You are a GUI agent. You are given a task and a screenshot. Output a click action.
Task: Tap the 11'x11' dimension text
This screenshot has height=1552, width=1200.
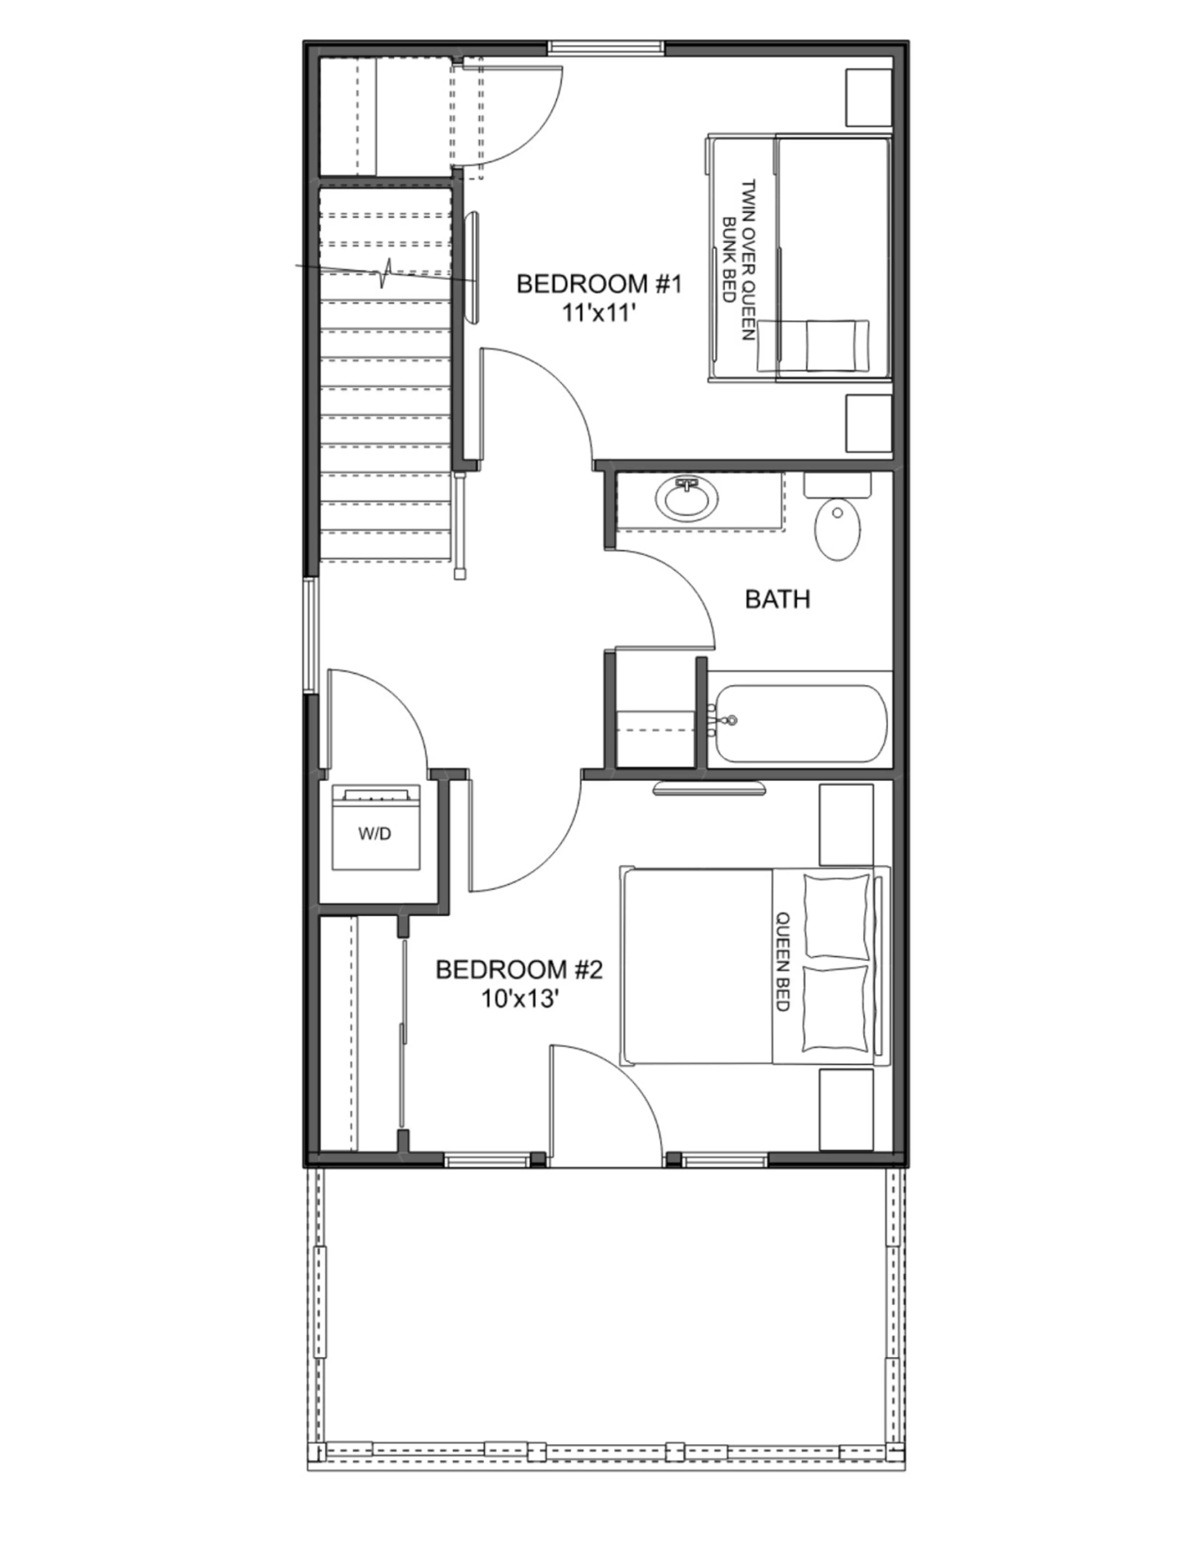(x=598, y=313)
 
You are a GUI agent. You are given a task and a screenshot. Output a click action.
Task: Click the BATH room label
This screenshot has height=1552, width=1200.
(x=778, y=599)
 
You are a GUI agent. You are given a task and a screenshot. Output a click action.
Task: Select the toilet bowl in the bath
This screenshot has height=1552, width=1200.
(x=838, y=530)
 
